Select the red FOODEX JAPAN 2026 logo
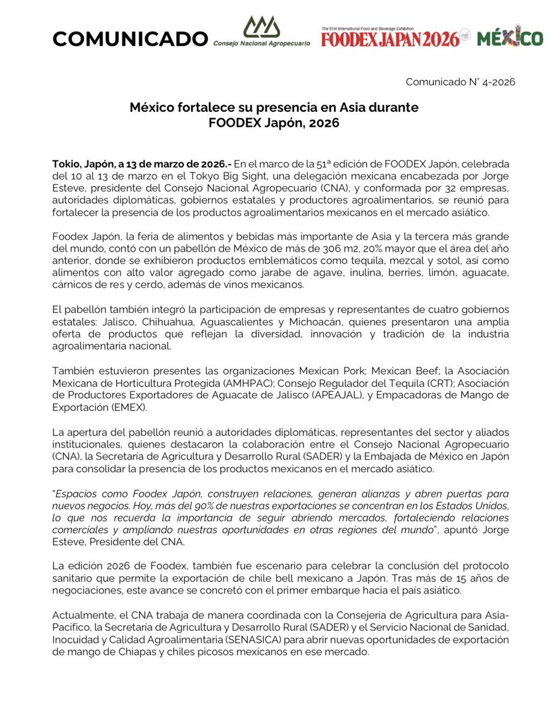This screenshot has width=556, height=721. coord(391,38)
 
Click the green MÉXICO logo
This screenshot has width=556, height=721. coord(510,38)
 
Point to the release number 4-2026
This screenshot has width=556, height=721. coord(496,82)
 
